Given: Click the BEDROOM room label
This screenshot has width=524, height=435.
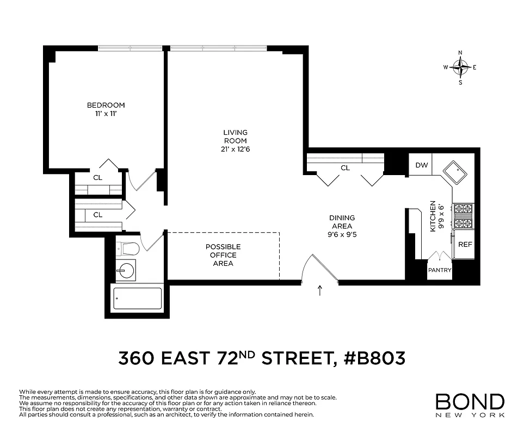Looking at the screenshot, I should click(x=106, y=105).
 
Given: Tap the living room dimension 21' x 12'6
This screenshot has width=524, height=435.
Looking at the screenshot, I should click(x=235, y=150).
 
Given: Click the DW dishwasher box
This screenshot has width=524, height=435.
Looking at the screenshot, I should click(x=421, y=166).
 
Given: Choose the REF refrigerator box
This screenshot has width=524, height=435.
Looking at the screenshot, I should click(x=465, y=245).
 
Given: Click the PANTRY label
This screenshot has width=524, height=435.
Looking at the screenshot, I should click(x=440, y=270).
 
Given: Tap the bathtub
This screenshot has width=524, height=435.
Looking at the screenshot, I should click(x=137, y=298).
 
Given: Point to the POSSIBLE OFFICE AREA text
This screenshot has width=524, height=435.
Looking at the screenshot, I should click(x=223, y=255).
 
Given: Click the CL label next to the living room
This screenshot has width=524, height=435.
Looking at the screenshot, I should click(x=345, y=168).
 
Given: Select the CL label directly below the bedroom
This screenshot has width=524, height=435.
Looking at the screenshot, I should click(x=97, y=177).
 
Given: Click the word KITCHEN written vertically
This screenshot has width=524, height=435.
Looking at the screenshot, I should click(x=433, y=216).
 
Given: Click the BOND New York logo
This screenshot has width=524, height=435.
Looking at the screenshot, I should click(x=470, y=405).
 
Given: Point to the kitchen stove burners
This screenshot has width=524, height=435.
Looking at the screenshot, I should click(x=464, y=216).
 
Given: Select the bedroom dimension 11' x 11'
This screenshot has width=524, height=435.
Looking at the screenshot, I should click(x=106, y=114).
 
